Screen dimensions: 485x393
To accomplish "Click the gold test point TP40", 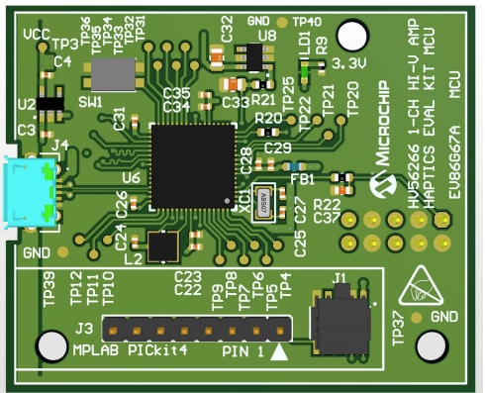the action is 283,21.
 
